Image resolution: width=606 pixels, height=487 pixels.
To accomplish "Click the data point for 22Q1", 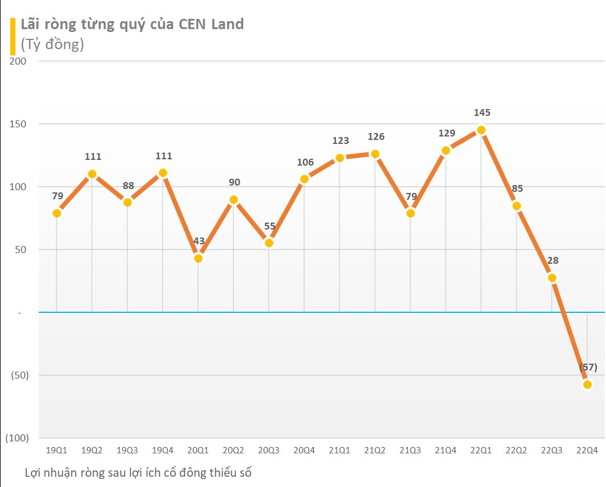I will pyautogui.click(x=481, y=130).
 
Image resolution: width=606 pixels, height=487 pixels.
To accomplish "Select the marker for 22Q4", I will pyautogui.click(x=587, y=384).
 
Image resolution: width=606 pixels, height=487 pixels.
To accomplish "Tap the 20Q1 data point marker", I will pyautogui.click(x=198, y=258).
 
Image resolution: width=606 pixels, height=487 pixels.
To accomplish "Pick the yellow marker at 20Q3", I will pyautogui.click(x=269, y=243).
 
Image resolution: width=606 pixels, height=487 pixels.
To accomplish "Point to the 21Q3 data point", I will pyautogui.click(x=410, y=213).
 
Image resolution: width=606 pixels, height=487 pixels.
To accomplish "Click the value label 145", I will pyautogui.click(x=481, y=113).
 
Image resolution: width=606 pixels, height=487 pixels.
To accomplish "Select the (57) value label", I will pyautogui.click(x=587, y=367).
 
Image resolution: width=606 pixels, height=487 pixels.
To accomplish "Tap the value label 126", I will pyautogui.click(x=375, y=136).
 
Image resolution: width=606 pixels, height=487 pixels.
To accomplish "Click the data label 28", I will pyautogui.click(x=552, y=260).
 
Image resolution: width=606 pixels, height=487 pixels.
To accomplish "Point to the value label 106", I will pyautogui.click(x=305, y=162).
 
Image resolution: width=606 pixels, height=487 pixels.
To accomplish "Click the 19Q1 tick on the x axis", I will pyautogui.click(x=56, y=450).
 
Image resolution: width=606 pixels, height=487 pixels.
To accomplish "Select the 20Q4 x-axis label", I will pyautogui.click(x=304, y=450).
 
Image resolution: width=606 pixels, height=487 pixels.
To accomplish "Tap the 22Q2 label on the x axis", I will pyautogui.click(x=516, y=450).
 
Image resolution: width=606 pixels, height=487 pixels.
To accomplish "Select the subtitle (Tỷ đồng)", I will pyautogui.click(x=52, y=45).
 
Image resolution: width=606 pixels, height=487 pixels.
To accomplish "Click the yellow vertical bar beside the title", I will pyautogui.click(x=13, y=35).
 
